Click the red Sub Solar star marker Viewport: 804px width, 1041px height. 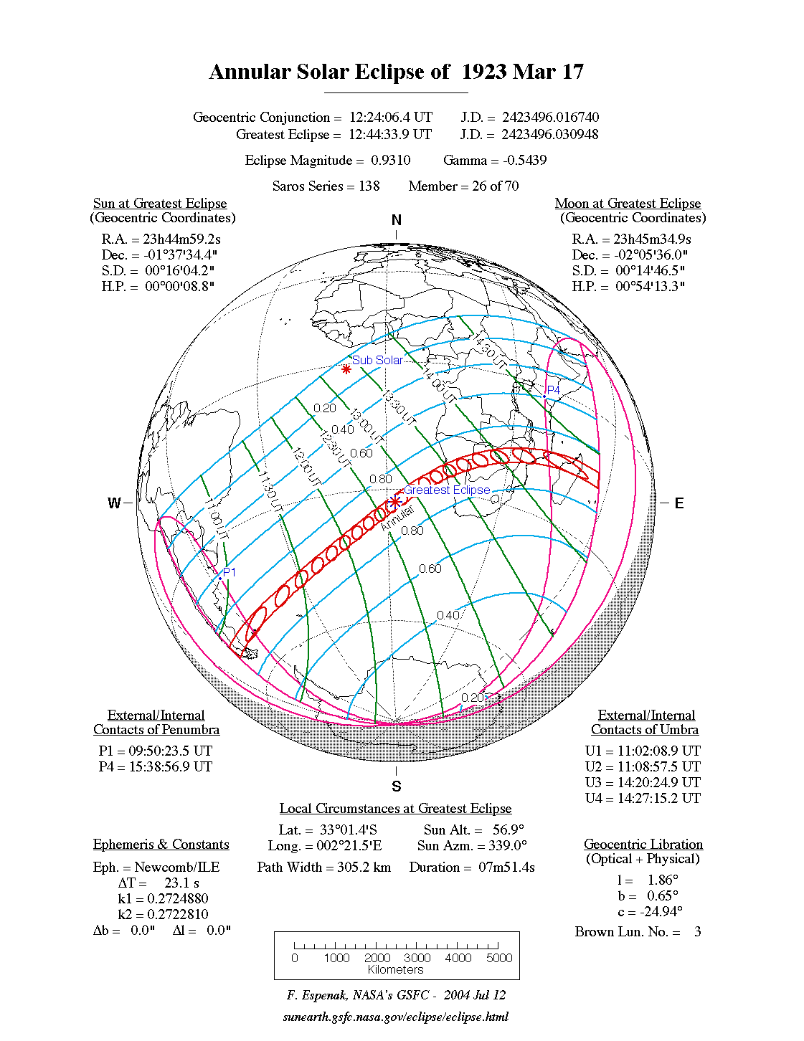[x=346, y=369]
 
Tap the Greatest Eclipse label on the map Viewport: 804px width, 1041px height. [x=447, y=490]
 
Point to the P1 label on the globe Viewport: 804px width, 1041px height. [x=230, y=572]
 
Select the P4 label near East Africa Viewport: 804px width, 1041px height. [x=554, y=390]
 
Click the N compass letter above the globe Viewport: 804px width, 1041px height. [x=397, y=220]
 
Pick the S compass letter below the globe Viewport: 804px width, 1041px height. [x=397, y=786]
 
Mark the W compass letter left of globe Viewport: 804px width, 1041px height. [x=114, y=503]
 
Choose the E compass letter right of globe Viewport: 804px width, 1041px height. [x=678, y=503]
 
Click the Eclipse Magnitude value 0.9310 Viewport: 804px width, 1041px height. [x=391, y=161]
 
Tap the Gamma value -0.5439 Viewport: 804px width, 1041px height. [x=525, y=161]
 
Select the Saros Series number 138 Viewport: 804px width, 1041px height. [x=369, y=186]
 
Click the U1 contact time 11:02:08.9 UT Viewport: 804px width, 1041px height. [x=659, y=751]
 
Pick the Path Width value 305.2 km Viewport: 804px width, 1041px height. [x=364, y=867]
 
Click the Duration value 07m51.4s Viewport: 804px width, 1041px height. [x=507, y=867]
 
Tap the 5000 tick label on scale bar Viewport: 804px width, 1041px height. [x=499, y=958]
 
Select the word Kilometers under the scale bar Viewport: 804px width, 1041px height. [x=396, y=970]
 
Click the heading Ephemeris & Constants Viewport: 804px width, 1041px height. [x=161, y=845]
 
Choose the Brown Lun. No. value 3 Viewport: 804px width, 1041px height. [x=697, y=932]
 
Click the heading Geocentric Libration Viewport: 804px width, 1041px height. [x=643, y=845]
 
